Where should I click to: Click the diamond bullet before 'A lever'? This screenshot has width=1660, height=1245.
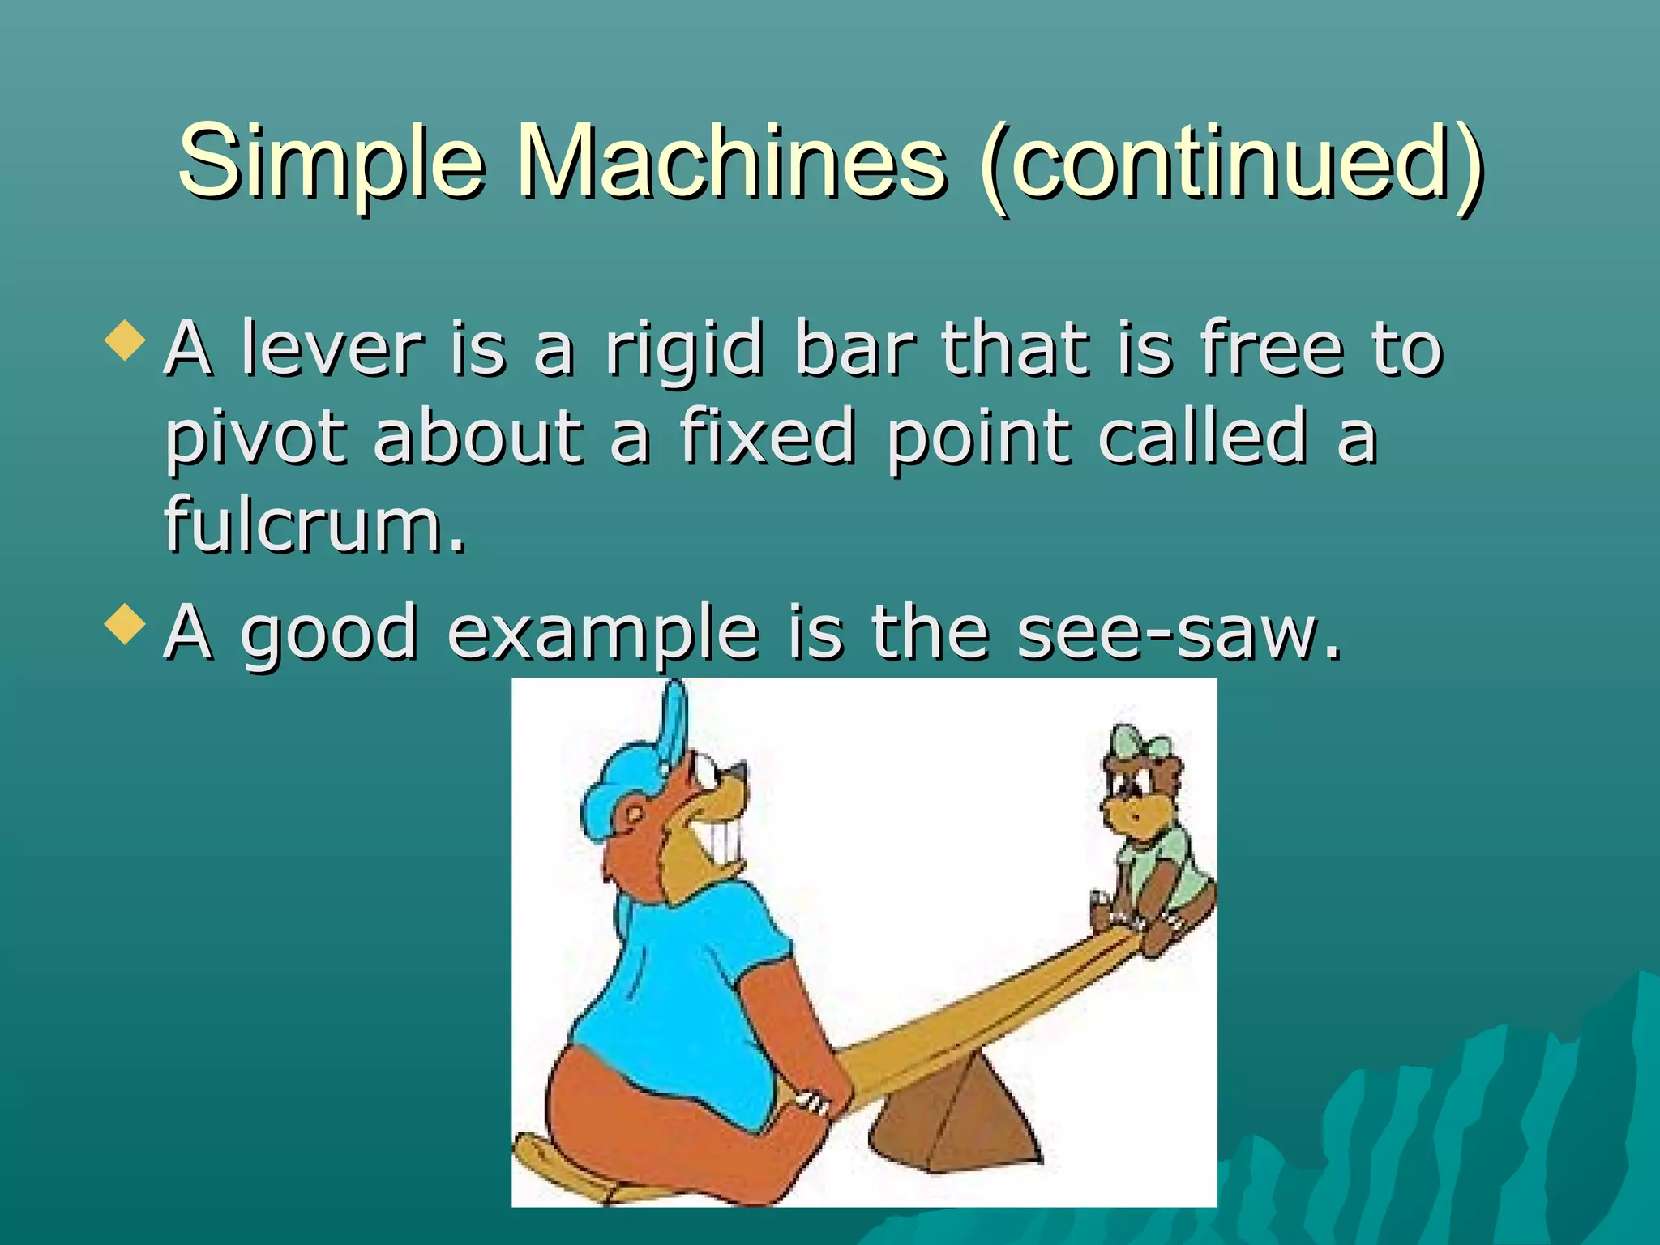(x=125, y=340)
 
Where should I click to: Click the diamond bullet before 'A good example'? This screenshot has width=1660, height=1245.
(x=125, y=623)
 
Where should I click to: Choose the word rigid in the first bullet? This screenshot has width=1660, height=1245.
(x=685, y=350)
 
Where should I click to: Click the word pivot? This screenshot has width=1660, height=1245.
(x=256, y=439)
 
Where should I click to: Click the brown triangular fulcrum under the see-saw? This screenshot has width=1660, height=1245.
(x=956, y=1119)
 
